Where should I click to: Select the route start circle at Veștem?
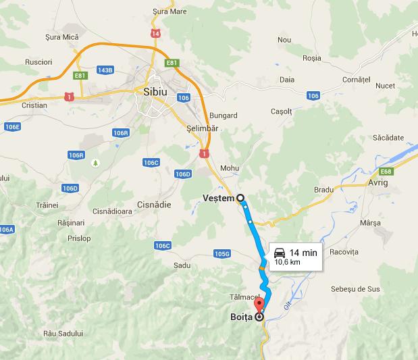(x=239, y=198)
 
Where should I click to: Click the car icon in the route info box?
(x=278, y=252)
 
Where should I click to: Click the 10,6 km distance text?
(x=286, y=262)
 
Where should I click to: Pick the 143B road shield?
(x=105, y=70)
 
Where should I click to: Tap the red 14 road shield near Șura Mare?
(x=156, y=33)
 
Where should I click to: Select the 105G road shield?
(x=222, y=253)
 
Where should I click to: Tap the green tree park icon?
(x=95, y=163)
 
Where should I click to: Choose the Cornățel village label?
(x=357, y=79)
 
